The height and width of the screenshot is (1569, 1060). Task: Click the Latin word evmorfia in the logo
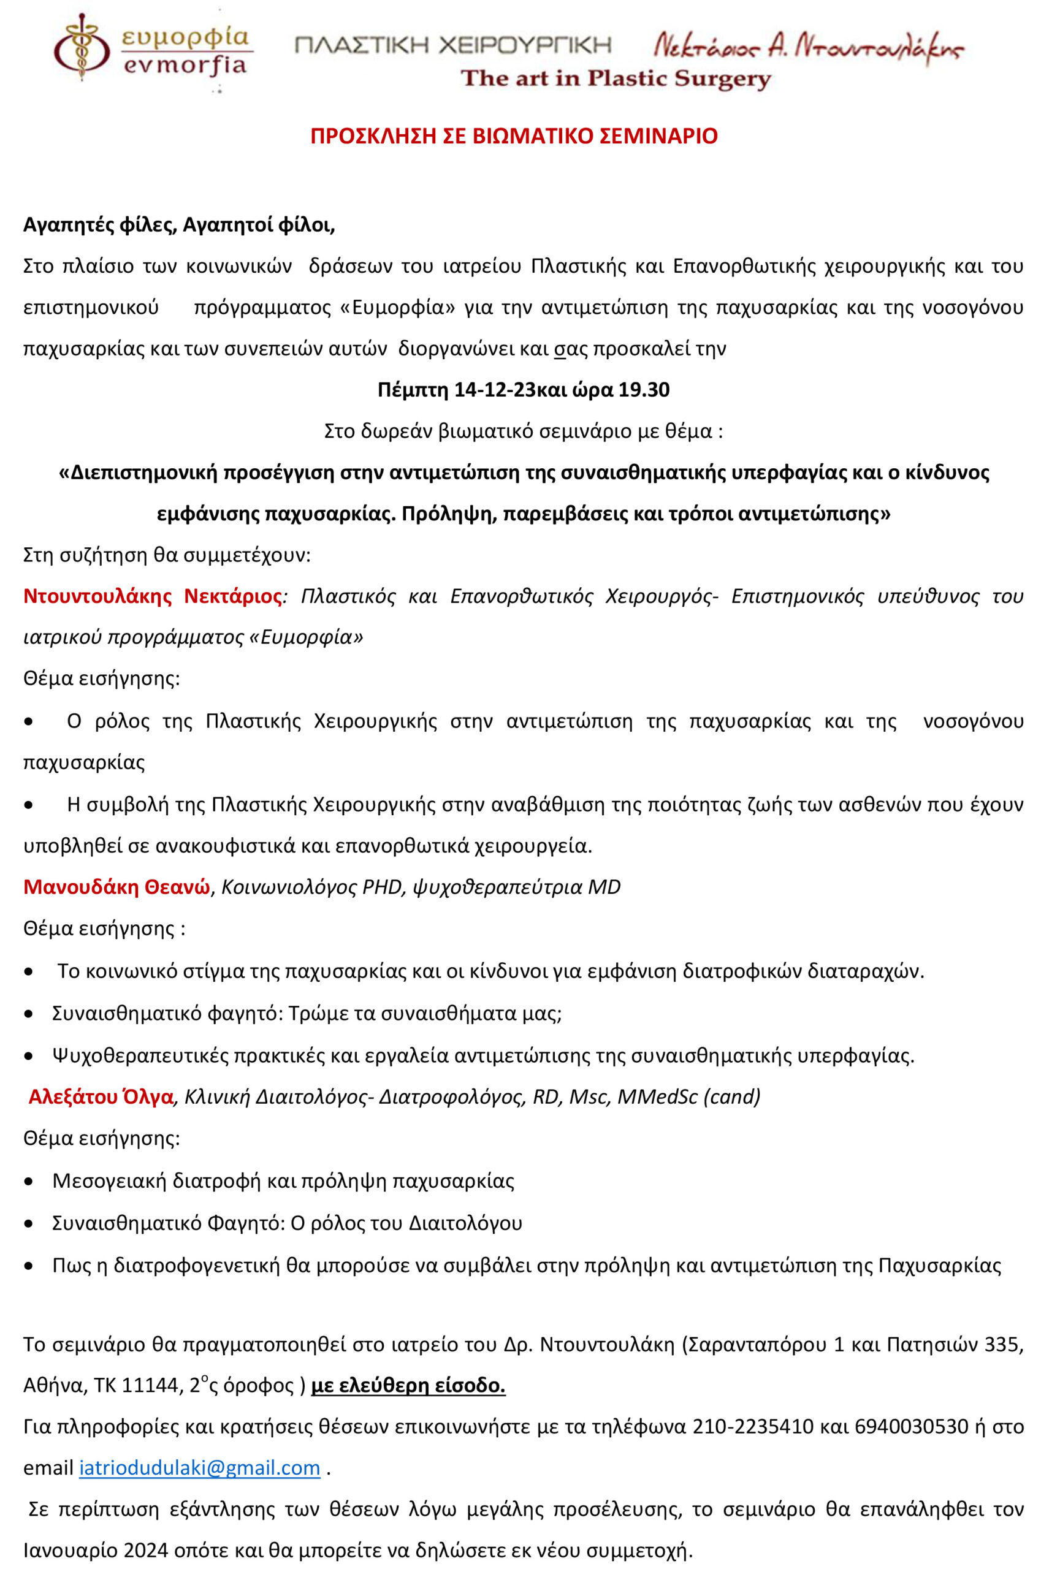(185, 66)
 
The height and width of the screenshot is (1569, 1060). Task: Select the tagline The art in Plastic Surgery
(615, 79)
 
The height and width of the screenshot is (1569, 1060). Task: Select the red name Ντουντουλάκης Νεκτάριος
(153, 596)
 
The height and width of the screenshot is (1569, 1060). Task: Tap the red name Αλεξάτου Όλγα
(101, 1097)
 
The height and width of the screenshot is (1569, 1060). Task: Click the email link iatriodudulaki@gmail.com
(199, 1468)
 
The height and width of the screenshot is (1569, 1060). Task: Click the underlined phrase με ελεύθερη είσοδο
(408, 1385)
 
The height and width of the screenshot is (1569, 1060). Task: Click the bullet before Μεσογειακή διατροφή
(28, 1182)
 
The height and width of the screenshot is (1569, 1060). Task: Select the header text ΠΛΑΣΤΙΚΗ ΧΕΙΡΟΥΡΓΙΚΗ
(453, 45)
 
